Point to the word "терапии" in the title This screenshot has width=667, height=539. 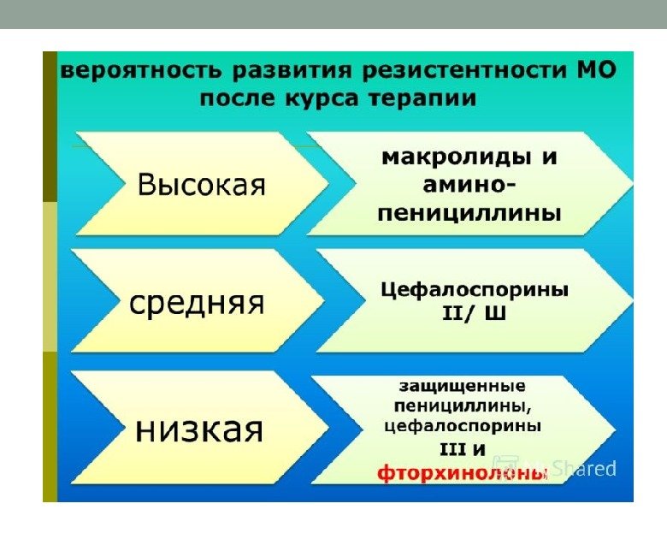click(424, 98)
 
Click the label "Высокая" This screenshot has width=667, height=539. click(202, 184)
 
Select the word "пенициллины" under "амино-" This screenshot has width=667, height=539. click(469, 212)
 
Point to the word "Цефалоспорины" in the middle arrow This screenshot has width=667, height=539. click(473, 290)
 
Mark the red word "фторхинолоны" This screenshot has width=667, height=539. click(462, 471)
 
